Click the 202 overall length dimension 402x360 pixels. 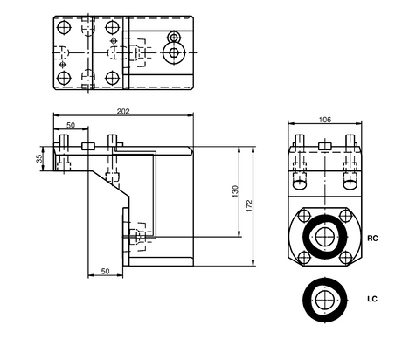tap(123, 111)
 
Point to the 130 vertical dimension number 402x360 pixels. tap(233, 190)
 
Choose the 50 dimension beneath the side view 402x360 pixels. tap(106, 272)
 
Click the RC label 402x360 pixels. tap(371, 238)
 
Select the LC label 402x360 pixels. tap(371, 300)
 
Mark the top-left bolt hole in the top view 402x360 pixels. tap(64, 28)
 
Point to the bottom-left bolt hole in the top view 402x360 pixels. tap(64, 79)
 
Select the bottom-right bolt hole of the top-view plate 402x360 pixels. tap(112, 79)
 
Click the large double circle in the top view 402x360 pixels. tap(174, 53)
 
